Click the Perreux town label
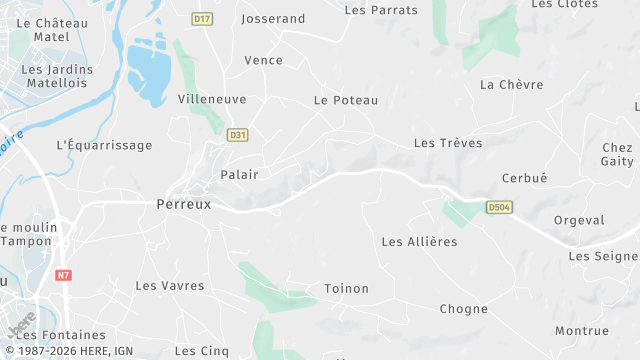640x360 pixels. point(184,203)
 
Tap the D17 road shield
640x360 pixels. point(203,19)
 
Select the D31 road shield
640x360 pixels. point(237,134)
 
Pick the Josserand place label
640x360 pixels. point(273,19)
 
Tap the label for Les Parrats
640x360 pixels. point(381,10)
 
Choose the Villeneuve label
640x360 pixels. point(212,100)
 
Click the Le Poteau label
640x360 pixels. point(346,100)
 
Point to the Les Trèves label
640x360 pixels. point(447,143)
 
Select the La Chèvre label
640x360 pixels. point(509,85)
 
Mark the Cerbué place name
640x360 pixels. point(524,179)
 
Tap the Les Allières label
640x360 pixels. point(419,242)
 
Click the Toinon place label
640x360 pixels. point(346,289)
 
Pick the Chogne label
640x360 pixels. point(463,310)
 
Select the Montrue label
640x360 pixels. point(582,331)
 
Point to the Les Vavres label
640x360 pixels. point(169,286)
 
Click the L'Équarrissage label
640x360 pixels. point(105,145)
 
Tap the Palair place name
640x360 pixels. point(239,175)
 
